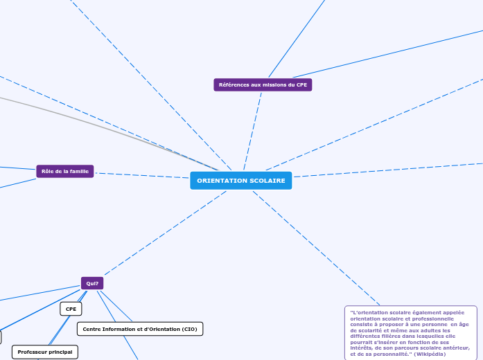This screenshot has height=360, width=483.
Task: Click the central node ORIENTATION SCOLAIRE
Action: (240, 181)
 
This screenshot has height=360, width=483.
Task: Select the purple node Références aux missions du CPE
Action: (263, 84)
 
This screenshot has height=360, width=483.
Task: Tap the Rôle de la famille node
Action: (64, 171)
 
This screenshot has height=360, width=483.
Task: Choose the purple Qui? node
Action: (92, 282)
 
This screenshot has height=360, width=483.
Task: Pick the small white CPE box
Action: (71, 308)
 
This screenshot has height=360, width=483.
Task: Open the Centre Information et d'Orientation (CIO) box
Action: (139, 329)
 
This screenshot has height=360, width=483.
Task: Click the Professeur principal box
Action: (45, 352)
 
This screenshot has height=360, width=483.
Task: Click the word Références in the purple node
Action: (234, 84)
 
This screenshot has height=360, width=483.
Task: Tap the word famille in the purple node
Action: (78, 171)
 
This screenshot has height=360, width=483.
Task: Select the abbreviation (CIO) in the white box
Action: (186, 329)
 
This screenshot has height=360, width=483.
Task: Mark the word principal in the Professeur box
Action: (60, 352)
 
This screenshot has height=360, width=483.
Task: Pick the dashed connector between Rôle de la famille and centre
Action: (142, 175)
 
